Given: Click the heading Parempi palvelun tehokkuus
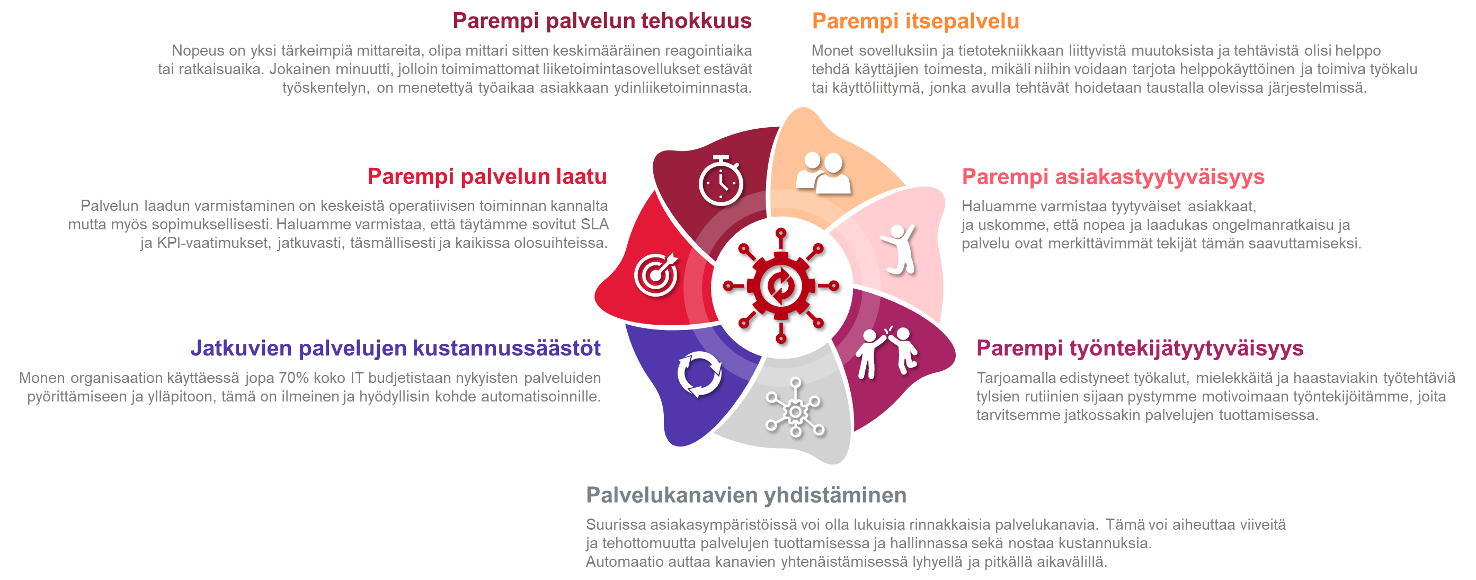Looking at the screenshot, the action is pos(602,21).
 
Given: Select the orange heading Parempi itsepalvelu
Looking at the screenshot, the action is pos(915,21).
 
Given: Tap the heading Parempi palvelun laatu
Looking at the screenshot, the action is pos(487,176).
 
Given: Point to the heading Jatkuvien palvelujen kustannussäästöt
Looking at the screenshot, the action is pos(395,348).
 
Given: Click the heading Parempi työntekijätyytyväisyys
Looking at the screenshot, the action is pos(1140,349).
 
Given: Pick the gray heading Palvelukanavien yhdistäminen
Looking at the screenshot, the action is pos(746,495).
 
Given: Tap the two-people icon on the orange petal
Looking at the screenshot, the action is pos(823,173).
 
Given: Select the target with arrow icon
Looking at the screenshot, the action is pos(656,274).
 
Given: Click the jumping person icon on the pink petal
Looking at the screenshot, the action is pos(899,249).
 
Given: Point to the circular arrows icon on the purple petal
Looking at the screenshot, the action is pos(700,374).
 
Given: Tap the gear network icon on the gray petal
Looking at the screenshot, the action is pos(795,408).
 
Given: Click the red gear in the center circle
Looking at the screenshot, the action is pos(781,286).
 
